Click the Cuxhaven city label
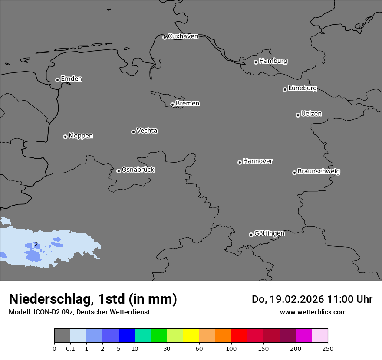[x=183, y=36]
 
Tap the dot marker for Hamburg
[x=256, y=62]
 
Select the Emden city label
[x=71, y=79]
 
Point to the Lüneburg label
[x=302, y=88]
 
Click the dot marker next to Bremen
[x=172, y=105]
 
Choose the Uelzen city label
[x=311, y=114]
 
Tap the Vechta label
[x=147, y=131]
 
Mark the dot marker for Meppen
[x=65, y=137]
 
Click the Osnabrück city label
[x=138, y=170]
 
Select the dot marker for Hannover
[x=240, y=162]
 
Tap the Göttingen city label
[x=269, y=234]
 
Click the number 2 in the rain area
[x=36, y=245]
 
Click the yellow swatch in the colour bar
[x=191, y=336]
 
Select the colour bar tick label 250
[x=328, y=348]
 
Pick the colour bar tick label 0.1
[x=70, y=348]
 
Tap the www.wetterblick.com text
[x=313, y=312]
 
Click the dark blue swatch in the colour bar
[x=126, y=336]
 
